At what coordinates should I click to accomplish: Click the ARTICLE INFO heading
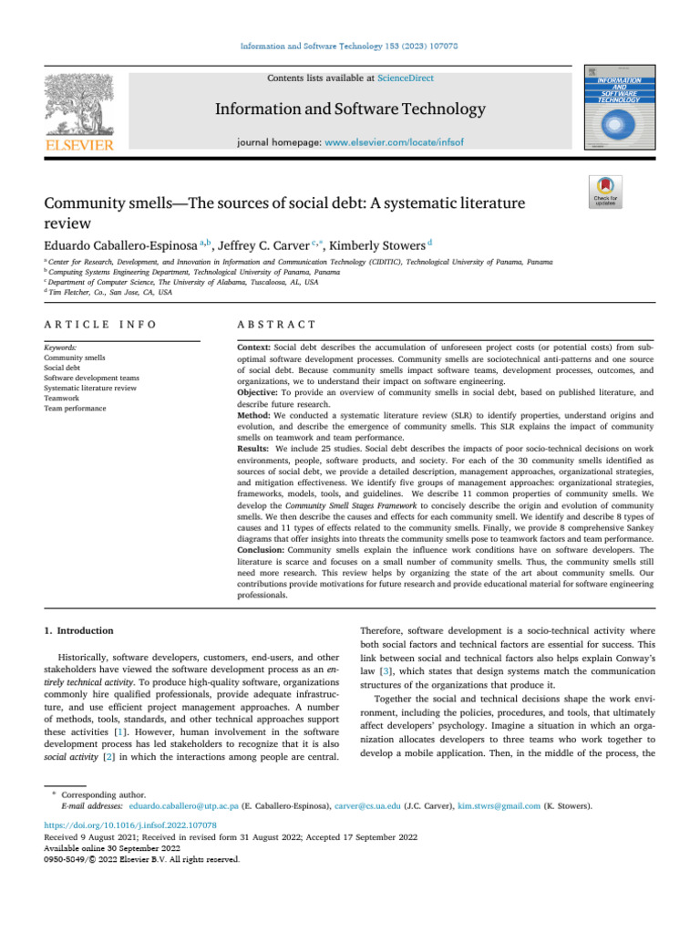tap(99, 324)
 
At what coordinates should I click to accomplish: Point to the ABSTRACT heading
tap(275, 324)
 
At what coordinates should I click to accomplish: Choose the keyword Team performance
tap(76, 409)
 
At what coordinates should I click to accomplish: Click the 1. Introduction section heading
tap(79, 630)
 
